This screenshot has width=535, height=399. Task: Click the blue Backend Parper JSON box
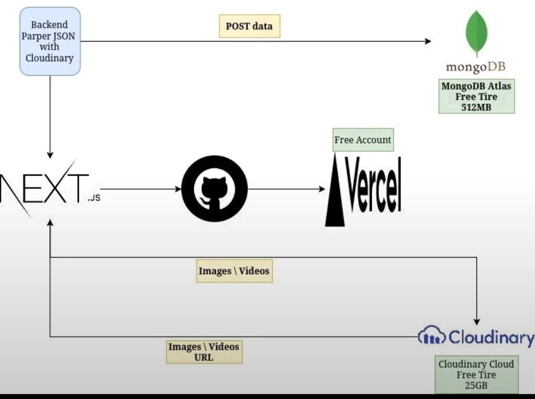pos(50,41)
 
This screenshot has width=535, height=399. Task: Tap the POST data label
pos(249,26)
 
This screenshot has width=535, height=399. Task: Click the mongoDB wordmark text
pos(476,67)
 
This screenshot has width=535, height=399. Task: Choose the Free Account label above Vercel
pos(363,140)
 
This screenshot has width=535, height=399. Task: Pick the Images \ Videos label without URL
pos(234,271)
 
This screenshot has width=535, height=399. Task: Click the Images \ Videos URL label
pos(204,352)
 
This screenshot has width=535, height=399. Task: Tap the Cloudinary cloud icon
pos(432,338)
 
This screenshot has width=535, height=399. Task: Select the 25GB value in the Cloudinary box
pos(476,385)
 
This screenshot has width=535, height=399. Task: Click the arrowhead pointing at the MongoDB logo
pos(428,41)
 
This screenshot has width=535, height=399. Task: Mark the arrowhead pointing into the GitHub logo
pos(178,189)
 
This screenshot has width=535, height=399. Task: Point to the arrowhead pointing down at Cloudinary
pos(477,321)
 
